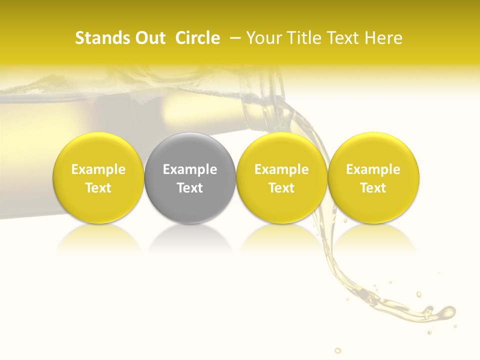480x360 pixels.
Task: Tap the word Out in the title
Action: [149, 38]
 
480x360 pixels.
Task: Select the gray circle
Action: [190, 177]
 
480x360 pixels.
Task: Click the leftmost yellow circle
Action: [98, 177]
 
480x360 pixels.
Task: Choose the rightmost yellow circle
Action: [373, 177]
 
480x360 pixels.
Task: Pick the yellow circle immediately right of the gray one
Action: [281, 177]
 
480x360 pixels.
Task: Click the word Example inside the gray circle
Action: [190, 169]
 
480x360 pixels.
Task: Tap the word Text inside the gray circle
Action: [190, 188]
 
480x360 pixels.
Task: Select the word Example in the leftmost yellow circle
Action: [98, 169]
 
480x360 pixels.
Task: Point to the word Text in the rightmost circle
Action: [373, 188]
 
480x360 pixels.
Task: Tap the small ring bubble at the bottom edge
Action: [337, 350]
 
